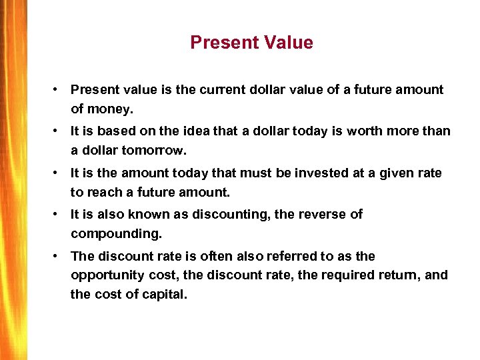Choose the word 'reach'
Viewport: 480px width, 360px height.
coord(103,192)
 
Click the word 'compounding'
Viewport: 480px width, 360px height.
coord(114,233)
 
